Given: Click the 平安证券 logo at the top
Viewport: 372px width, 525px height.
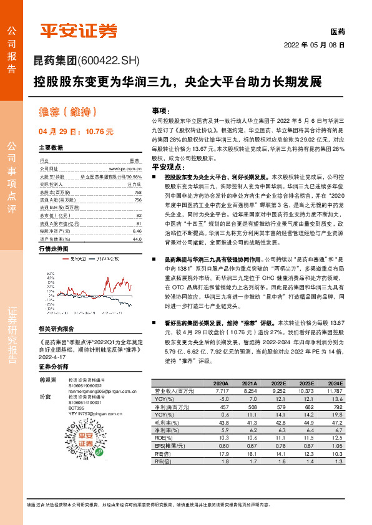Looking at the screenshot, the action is [79, 31].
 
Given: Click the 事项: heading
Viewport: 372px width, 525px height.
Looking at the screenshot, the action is [161, 109].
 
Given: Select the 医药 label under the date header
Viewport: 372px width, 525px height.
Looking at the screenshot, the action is [337, 31].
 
